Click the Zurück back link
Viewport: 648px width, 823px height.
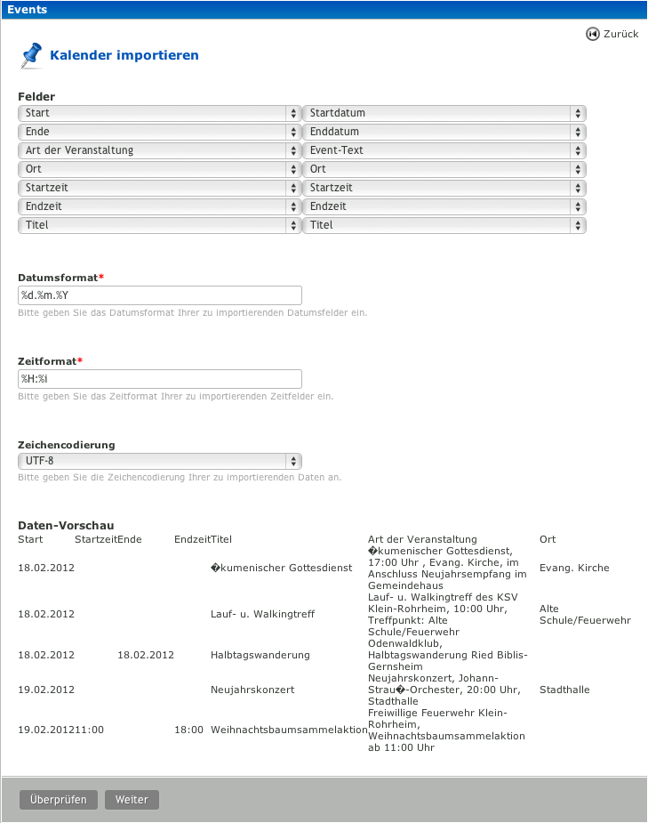point(612,34)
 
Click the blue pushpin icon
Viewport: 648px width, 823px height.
point(31,55)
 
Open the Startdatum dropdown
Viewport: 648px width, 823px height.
point(444,113)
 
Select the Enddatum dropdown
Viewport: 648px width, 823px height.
point(444,132)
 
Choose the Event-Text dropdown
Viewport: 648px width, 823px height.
point(444,150)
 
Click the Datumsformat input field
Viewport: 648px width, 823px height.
point(160,295)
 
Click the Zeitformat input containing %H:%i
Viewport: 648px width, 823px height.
point(160,378)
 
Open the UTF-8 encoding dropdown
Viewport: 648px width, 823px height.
point(160,461)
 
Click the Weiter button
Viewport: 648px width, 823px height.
point(132,799)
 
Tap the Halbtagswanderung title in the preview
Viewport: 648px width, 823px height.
point(260,655)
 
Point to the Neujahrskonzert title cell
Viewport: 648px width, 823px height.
point(252,690)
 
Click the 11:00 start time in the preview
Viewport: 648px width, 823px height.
point(90,730)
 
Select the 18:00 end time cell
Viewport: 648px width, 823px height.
point(188,730)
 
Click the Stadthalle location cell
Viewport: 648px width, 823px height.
point(564,690)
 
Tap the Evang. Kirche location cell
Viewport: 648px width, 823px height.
point(574,568)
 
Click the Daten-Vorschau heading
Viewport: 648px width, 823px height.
point(66,526)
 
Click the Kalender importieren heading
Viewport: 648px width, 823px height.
point(124,55)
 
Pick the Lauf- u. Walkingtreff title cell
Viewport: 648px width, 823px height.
point(262,614)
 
